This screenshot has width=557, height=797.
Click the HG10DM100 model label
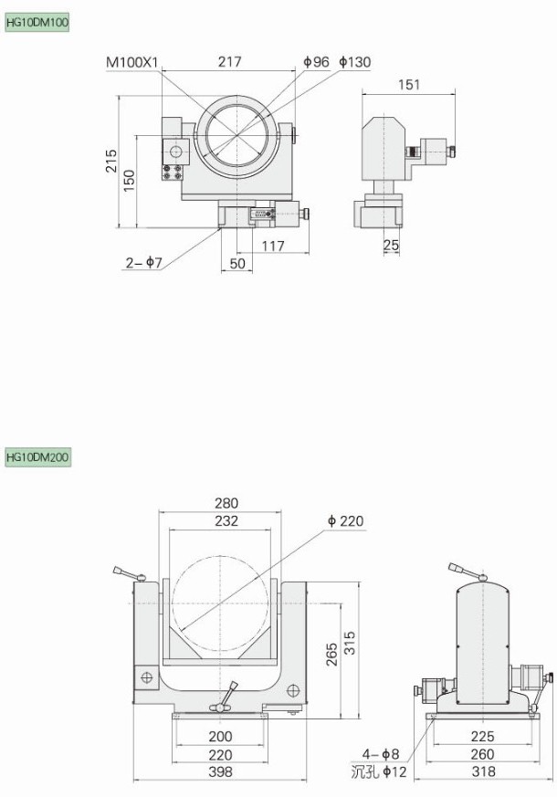37,23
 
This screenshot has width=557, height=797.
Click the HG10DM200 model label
37,456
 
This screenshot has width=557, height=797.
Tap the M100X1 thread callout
132,62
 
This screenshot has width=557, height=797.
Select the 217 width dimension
230,62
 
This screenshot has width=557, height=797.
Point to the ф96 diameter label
316,62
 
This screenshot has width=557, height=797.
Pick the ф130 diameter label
354,62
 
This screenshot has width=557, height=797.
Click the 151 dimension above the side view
409,84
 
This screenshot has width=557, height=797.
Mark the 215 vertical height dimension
111,161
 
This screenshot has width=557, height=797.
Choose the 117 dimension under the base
273,246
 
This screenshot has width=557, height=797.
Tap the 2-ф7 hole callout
144,262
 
